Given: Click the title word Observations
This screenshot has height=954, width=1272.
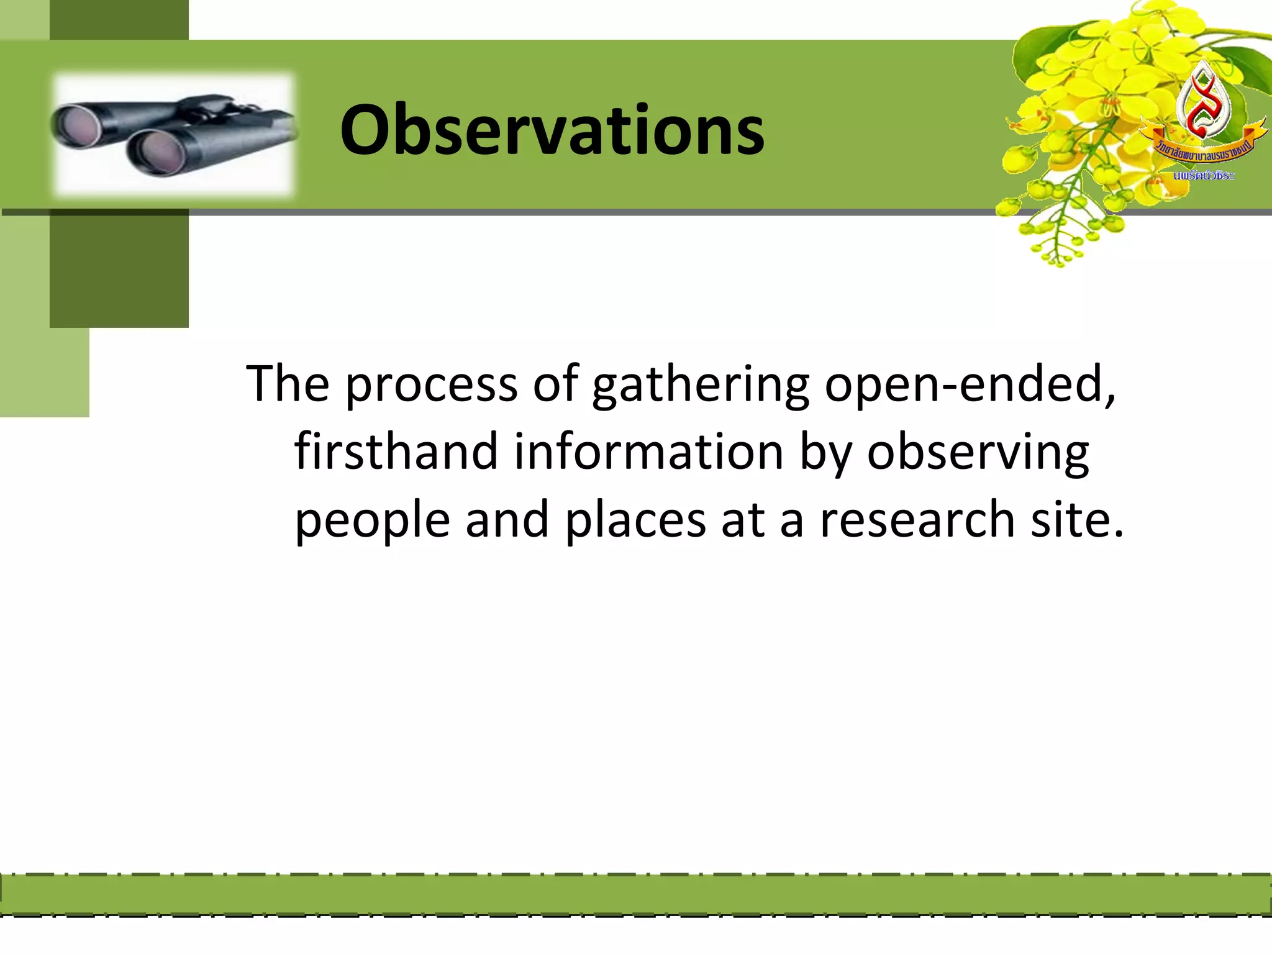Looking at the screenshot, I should tap(552, 130).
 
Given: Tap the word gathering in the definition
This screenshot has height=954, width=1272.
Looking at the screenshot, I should tap(700, 385).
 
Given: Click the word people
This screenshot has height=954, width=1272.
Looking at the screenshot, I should tap(371, 520).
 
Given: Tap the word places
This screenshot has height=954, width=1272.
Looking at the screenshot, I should tap(635, 520).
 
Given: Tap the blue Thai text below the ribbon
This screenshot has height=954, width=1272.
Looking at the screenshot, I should tap(1203, 176).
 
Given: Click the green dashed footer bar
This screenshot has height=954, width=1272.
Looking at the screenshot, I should tap(636, 895).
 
